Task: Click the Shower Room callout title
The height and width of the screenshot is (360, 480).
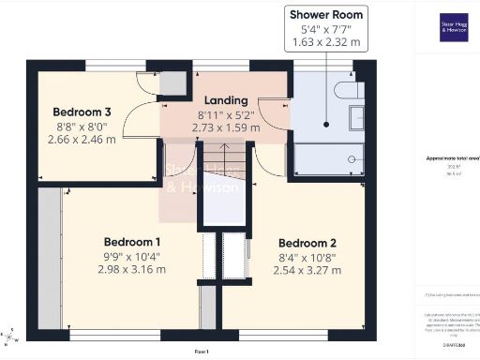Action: point(325,14)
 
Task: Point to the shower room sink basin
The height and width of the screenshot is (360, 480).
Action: point(357,120)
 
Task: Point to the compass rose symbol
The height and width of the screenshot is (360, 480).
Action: point(8,337)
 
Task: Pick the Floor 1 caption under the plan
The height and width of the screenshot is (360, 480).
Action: point(201,351)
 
